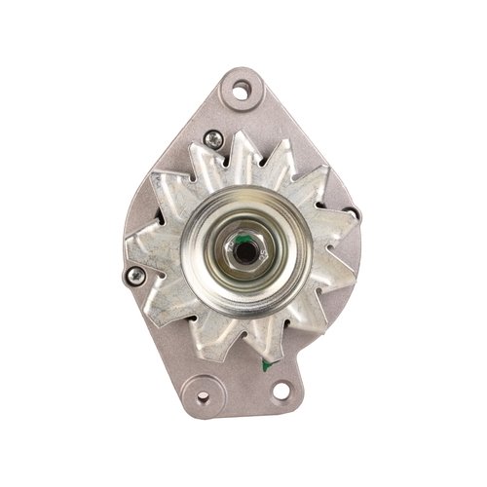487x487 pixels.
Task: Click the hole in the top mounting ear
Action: pyautogui.click(x=241, y=93)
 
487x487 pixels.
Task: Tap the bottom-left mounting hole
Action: pyautogui.click(x=204, y=396)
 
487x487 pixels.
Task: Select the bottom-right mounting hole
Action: pyautogui.click(x=281, y=391)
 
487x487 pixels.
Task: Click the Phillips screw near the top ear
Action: pyautogui.click(x=212, y=142)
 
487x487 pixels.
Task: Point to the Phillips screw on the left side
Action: pyautogui.click(x=136, y=276)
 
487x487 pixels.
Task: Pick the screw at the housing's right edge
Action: pyautogui.click(x=353, y=213)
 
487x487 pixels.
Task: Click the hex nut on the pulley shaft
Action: pyautogui.click(x=244, y=250)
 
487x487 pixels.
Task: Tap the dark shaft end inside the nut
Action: pyautogui.click(x=245, y=251)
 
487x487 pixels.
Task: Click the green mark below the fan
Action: pyautogui.click(x=267, y=365)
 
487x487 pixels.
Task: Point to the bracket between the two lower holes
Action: pyautogui.click(x=242, y=394)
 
